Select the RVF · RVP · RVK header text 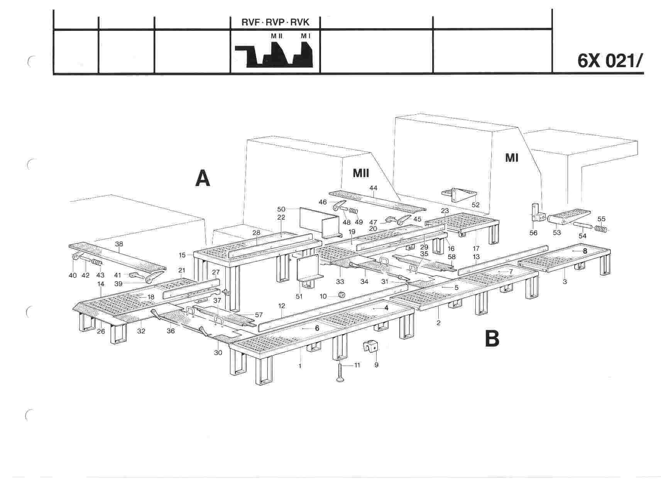pyautogui.click(x=275, y=22)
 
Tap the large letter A pyautogui.click(x=203, y=179)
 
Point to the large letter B pyautogui.click(x=492, y=338)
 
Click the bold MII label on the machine pyautogui.click(x=361, y=173)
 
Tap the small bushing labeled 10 pyautogui.click(x=341, y=296)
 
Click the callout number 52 pyautogui.click(x=475, y=205)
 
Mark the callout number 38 pyautogui.click(x=119, y=233)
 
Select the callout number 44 pyautogui.click(x=373, y=188)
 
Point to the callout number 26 pyautogui.click(x=101, y=331)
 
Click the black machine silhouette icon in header pyautogui.click(x=274, y=54)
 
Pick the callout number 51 pyautogui.click(x=299, y=296)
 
